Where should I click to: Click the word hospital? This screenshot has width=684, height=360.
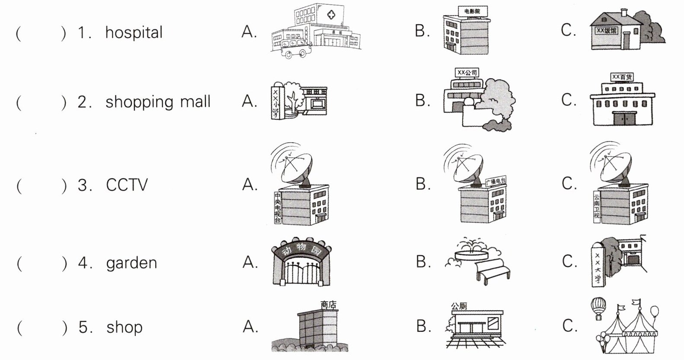point(134,32)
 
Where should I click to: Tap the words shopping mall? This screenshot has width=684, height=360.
point(158,102)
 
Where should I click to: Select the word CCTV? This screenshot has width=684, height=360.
point(127,185)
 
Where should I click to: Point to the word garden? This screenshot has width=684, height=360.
point(131,263)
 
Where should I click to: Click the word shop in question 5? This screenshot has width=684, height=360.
point(125,327)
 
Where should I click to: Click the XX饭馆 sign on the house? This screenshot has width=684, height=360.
point(607,31)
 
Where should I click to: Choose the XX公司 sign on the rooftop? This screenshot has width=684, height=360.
point(467,73)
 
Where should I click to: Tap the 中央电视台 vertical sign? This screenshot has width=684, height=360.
point(278,208)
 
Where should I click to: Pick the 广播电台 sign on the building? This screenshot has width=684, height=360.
point(495,181)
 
